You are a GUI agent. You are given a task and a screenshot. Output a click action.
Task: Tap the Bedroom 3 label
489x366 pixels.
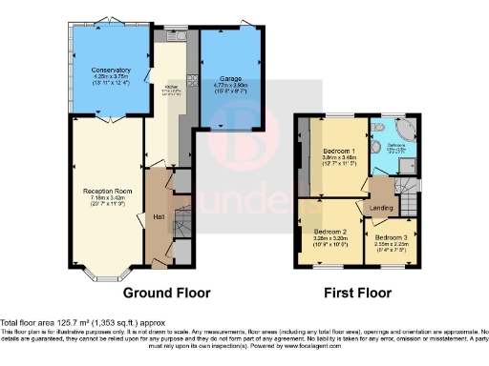tap(390, 236)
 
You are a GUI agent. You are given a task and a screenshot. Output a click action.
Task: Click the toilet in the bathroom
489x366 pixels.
tap(379, 131)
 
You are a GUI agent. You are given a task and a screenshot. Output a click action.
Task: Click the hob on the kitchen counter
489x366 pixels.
tap(190, 80)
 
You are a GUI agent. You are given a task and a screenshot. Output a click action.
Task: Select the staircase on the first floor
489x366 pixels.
tap(408, 201)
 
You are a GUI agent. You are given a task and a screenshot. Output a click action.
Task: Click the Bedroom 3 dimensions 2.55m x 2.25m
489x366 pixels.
tap(390, 245)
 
